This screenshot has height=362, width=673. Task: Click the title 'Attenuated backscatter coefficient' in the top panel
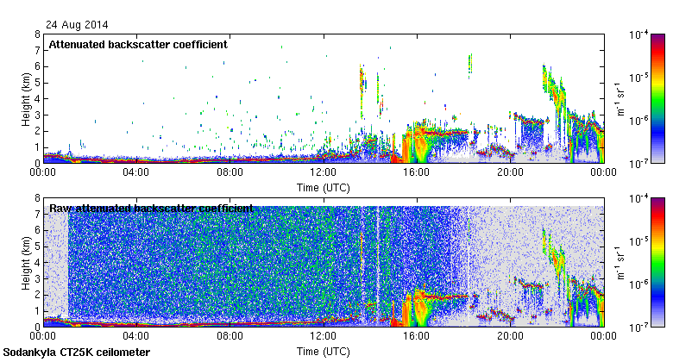(x=138, y=44)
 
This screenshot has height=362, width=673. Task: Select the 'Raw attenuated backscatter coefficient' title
(x=151, y=208)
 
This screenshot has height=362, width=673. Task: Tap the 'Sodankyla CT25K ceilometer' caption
(x=77, y=353)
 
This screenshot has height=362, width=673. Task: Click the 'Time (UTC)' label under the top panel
(x=324, y=186)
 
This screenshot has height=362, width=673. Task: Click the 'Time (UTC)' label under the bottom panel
(x=324, y=352)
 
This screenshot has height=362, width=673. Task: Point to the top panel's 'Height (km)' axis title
(x=26, y=98)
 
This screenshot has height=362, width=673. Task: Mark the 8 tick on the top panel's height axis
(x=37, y=35)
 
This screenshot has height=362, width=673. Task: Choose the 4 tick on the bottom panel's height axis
(x=37, y=262)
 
